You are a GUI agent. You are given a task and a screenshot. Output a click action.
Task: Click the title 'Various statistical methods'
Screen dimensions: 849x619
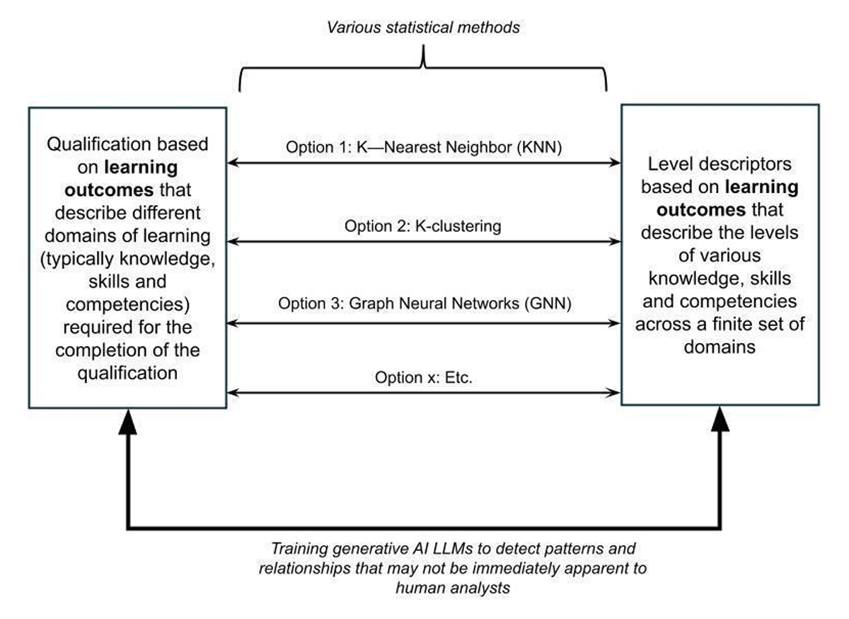(x=423, y=28)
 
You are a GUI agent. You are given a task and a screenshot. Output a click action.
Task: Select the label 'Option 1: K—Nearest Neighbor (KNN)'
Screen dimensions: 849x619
(x=424, y=147)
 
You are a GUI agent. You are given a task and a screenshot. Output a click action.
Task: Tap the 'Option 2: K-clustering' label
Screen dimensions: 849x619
(x=422, y=226)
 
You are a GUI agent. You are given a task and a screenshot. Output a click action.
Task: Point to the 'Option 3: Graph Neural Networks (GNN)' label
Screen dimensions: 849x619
(x=424, y=303)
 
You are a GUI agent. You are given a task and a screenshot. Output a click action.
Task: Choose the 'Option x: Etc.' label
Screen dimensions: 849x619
(x=423, y=377)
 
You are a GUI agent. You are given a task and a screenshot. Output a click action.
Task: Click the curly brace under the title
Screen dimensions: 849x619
(x=423, y=68)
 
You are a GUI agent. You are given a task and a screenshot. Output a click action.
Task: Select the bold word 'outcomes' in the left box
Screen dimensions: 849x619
(x=109, y=190)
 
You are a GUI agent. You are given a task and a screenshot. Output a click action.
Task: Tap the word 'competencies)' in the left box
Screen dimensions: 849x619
(x=128, y=305)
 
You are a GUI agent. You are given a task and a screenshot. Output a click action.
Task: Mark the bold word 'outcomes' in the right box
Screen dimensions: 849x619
(x=701, y=210)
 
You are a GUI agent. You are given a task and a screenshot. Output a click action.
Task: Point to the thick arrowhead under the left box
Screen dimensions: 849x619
(x=128, y=422)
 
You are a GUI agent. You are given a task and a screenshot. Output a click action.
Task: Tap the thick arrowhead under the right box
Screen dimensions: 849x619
(x=720, y=419)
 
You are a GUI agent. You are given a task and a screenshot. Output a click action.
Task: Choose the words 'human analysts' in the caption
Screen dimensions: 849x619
(x=453, y=589)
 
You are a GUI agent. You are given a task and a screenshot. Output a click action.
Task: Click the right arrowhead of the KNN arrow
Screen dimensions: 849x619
(x=615, y=163)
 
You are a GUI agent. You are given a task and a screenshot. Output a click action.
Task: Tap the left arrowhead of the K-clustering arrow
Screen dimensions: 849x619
(x=233, y=241)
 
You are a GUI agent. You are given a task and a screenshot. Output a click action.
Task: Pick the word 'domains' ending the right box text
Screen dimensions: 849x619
(x=720, y=347)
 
